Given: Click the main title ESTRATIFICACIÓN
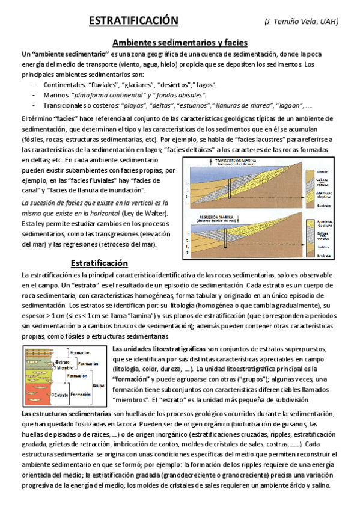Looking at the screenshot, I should tap(133, 21).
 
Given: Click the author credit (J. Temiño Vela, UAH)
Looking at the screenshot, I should tap(302, 22).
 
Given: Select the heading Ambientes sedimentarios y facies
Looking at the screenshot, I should tap(180, 43).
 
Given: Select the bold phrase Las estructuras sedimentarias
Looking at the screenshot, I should tap(66, 414).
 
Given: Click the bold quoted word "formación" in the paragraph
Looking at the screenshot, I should tap(132, 379).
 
